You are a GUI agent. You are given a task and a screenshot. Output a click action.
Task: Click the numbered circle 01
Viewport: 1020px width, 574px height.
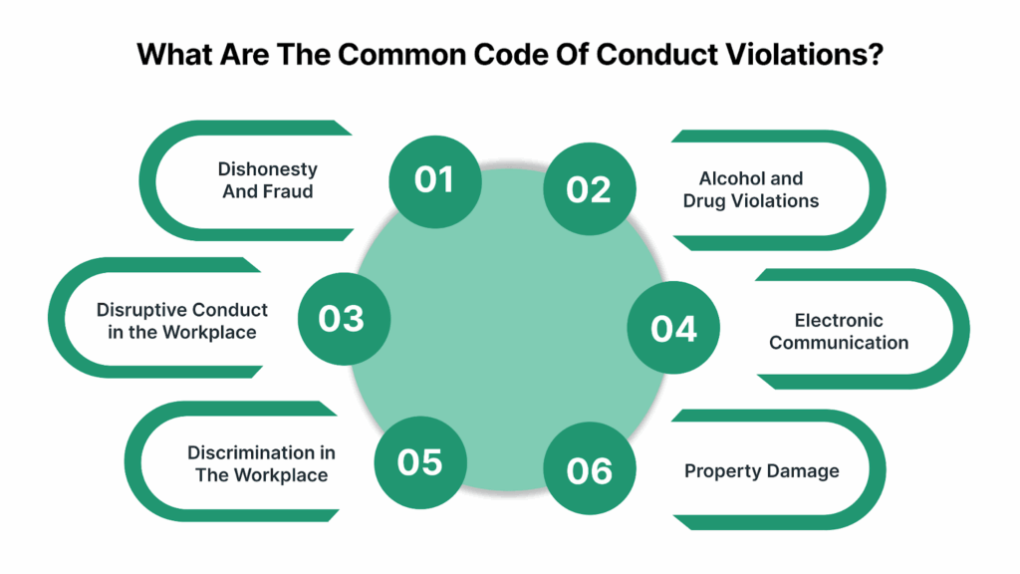click(434, 180)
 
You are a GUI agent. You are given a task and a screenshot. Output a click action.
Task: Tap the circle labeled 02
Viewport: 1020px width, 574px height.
click(589, 189)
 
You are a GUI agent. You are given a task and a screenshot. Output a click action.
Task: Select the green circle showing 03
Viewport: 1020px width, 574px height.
click(342, 318)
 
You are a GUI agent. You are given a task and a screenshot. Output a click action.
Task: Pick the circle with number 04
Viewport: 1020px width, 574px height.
click(673, 328)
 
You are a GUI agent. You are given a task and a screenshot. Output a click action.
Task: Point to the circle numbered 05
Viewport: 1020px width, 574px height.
click(419, 461)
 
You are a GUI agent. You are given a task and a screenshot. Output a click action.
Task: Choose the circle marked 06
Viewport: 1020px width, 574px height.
click(590, 470)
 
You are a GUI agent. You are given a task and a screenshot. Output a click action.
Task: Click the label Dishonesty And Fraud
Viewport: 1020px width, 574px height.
click(267, 180)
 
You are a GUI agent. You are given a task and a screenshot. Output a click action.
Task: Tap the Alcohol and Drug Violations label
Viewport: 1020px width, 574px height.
click(750, 189)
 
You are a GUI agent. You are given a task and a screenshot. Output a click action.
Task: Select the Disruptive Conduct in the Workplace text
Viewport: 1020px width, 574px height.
click(182, 320)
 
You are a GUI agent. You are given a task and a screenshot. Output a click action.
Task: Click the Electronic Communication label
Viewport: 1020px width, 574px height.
click(839, 331)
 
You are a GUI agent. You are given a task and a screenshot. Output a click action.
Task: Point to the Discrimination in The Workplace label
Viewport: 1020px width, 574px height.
click(261, 463)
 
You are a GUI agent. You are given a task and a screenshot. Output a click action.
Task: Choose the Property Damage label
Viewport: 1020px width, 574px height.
click(761, 470)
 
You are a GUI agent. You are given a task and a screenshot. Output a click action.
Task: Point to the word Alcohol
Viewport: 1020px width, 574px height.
click(731, 178)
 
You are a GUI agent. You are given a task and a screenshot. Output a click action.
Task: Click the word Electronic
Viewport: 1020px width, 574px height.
click(839, 320)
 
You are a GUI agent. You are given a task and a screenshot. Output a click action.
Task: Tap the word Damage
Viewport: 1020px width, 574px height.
click(804, 470)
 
